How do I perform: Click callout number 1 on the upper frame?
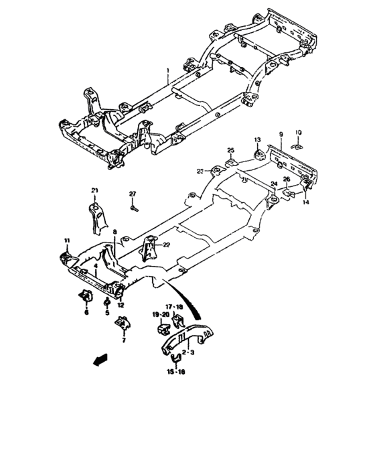[x=169, y=70]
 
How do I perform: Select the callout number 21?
[x=94, y=191]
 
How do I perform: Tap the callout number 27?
[x=133, y=194]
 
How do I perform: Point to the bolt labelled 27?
[x=133, y=208]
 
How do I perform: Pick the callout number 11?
[x=66, y=240]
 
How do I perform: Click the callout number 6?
[x=86, y=312]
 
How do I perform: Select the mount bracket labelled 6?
[x=86, y=295]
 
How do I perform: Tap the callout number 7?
[x=123, y=340]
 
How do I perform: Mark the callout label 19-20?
[x=159, y=313]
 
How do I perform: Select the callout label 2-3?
[x=187, y=350]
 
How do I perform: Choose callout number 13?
[x=256, y=139]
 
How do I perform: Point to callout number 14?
[x=307, y=202]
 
